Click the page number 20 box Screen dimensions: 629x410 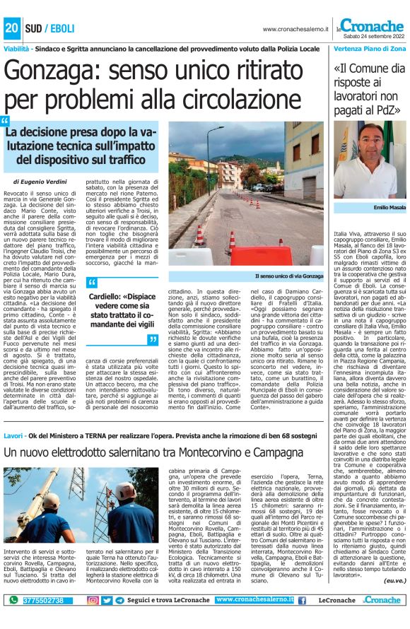[12, 29]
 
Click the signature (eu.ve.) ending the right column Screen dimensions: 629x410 [393, 580]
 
